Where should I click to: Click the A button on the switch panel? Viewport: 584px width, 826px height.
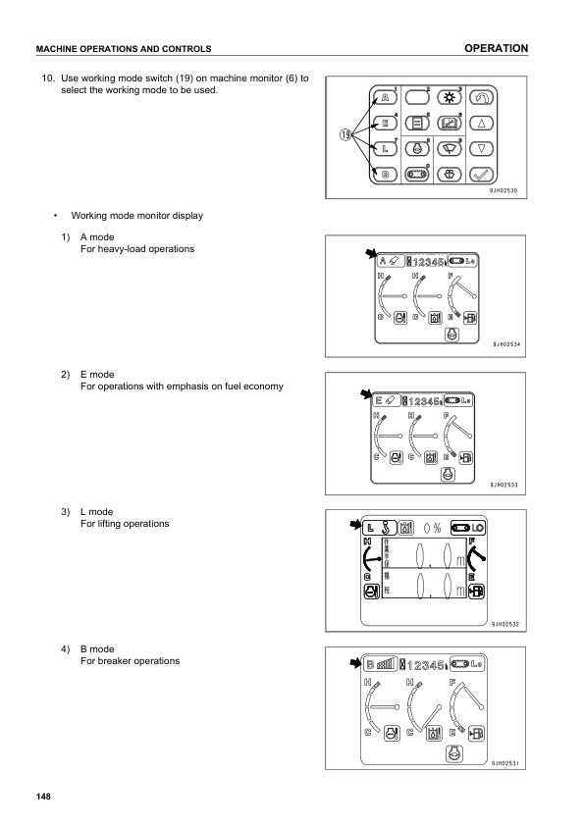point(385,98)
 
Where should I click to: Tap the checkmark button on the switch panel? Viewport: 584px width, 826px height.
point(481,176)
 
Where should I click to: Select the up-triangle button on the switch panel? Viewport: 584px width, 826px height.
point(481,124)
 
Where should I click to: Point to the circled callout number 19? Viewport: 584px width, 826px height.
point(346,135)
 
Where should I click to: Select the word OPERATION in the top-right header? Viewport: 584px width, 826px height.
point(497,48)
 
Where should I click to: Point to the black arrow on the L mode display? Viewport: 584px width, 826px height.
point(354,526)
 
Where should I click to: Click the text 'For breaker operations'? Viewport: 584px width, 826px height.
point(129,660)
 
